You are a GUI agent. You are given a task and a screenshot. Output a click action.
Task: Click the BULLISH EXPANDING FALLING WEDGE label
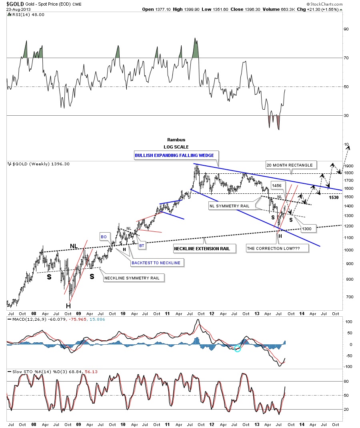(x=174, y=155)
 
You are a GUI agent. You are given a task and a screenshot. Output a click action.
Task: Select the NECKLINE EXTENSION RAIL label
(x=202, y=249)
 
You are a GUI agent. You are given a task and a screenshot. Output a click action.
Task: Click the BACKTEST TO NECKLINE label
(x=156, y=263)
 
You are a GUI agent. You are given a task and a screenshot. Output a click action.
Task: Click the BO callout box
(x=104, y=237)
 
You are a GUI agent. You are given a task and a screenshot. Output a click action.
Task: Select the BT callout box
(x=142, y=245)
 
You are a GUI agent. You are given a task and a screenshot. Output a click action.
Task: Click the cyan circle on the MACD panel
(x=238, y=348)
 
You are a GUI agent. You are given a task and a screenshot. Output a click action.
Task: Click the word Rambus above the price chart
(x=174, y=140)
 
